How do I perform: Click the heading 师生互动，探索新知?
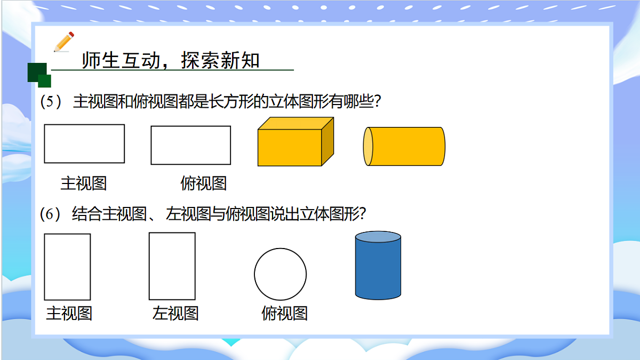tap(171, 61)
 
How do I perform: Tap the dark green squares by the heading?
tap(39, 75)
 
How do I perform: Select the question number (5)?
tap(52, 102)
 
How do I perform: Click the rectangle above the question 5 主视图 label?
tap(84, 143)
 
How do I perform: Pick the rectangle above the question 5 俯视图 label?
tap(191, 145)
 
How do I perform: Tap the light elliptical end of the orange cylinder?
tap(368, 147)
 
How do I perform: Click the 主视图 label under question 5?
tap(84, 183)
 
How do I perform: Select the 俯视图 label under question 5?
tap(204, 183)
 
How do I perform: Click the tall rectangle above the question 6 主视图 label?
tap(67, 267)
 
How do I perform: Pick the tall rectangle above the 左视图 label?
tap(172, 266)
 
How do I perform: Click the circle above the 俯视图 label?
tap(280, 275)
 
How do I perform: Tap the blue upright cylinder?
tap(378, 269)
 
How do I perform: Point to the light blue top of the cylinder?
tap(378, 237)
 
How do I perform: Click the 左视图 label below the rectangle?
tap(175, 313)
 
